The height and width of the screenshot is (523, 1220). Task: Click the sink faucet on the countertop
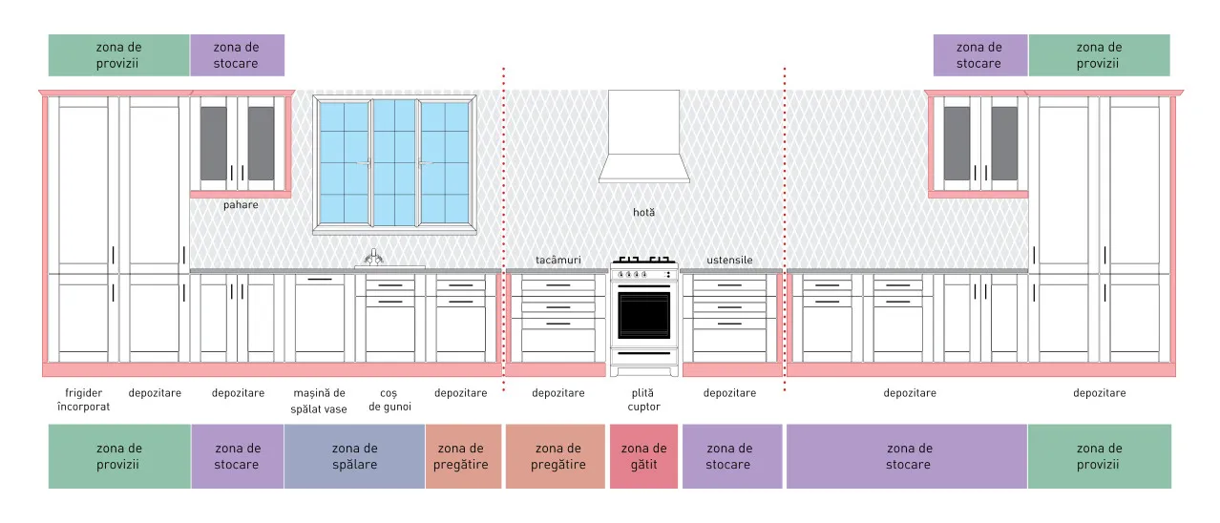[373, 257]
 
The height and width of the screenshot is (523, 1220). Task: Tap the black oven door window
[643, 315]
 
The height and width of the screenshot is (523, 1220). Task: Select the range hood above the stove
[643, 136]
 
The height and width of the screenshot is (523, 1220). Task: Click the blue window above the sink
[394, 162]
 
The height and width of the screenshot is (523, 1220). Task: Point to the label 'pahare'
[241, 205]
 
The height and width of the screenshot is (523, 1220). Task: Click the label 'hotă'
[643, 212]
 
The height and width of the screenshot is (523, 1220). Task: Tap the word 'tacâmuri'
[558, 261]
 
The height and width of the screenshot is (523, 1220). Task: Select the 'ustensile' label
[729, 261]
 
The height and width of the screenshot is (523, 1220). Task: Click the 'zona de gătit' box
[643, 456]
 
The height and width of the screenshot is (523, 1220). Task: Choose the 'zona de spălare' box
[354, 456]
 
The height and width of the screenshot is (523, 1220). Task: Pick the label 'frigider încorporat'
[83, 400]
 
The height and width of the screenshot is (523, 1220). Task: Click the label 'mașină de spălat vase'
[319, 401]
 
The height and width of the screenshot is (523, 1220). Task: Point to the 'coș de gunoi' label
[389, 400]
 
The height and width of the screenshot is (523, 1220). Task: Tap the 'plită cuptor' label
[643, 400]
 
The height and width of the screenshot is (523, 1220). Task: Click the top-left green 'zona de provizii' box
[118, 55]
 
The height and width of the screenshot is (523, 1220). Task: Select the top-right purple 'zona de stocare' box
[979, 55]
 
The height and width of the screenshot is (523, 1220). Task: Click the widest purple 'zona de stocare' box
[907, 456]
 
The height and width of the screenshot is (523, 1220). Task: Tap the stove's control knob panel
[643, 274]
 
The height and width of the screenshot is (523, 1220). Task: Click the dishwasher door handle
[320, 280]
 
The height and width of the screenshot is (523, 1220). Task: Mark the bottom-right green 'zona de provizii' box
[1099, 456]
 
